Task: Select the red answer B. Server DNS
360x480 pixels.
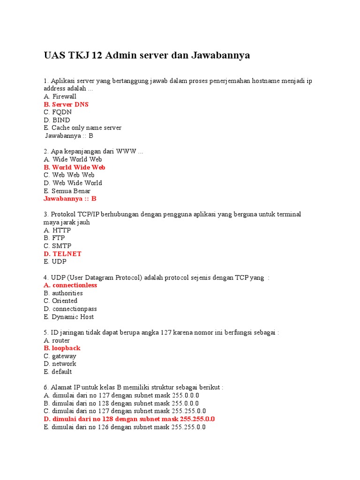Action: tap(66, 105)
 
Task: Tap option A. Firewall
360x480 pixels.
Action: tap(60, 97)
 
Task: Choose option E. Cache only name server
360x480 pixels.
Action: tap(82, 128)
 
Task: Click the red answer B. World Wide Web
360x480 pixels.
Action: tap(75, 167)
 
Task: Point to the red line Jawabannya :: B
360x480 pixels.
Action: tap(70, 199)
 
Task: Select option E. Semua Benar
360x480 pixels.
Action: tap(67, 191)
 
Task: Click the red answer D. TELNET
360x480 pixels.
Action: tap(63, 254)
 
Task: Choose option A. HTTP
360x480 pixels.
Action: tap(57, 230)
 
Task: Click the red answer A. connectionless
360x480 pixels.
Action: tap(70, 285)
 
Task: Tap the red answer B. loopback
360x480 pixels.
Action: tap(62, 348)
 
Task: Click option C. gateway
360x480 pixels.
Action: tap(60, 356)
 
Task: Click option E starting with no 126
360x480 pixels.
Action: tap(125, 427)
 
